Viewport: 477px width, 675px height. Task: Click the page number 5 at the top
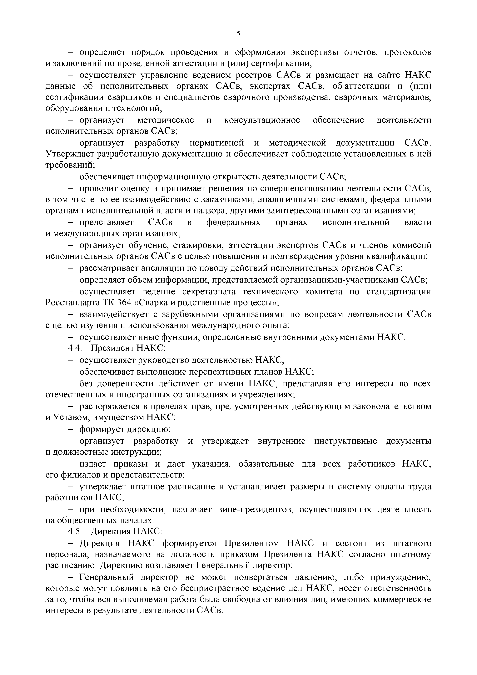(238, 34)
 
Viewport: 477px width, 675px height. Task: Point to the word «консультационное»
(262, 120)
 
